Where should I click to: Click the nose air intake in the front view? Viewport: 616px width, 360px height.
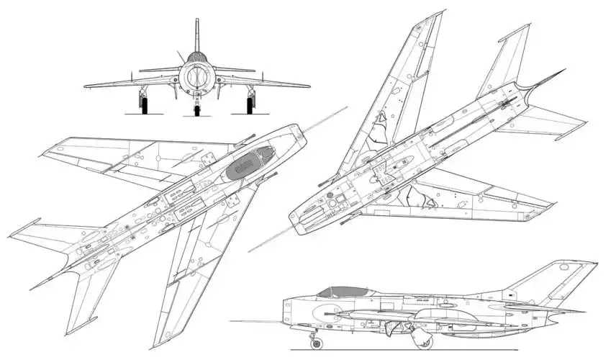pyautogui.click(x=196, y=76)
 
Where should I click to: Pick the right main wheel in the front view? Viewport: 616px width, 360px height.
pyautogui.click(x=250, y=106)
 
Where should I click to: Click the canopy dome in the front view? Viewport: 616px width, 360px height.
pyautogui.click(x=196, y=58)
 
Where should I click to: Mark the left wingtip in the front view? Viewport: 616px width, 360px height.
pyautogui.click(x=87, y=86)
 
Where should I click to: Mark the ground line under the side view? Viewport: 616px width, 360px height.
pyautogui.click(x=374, y=351)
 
